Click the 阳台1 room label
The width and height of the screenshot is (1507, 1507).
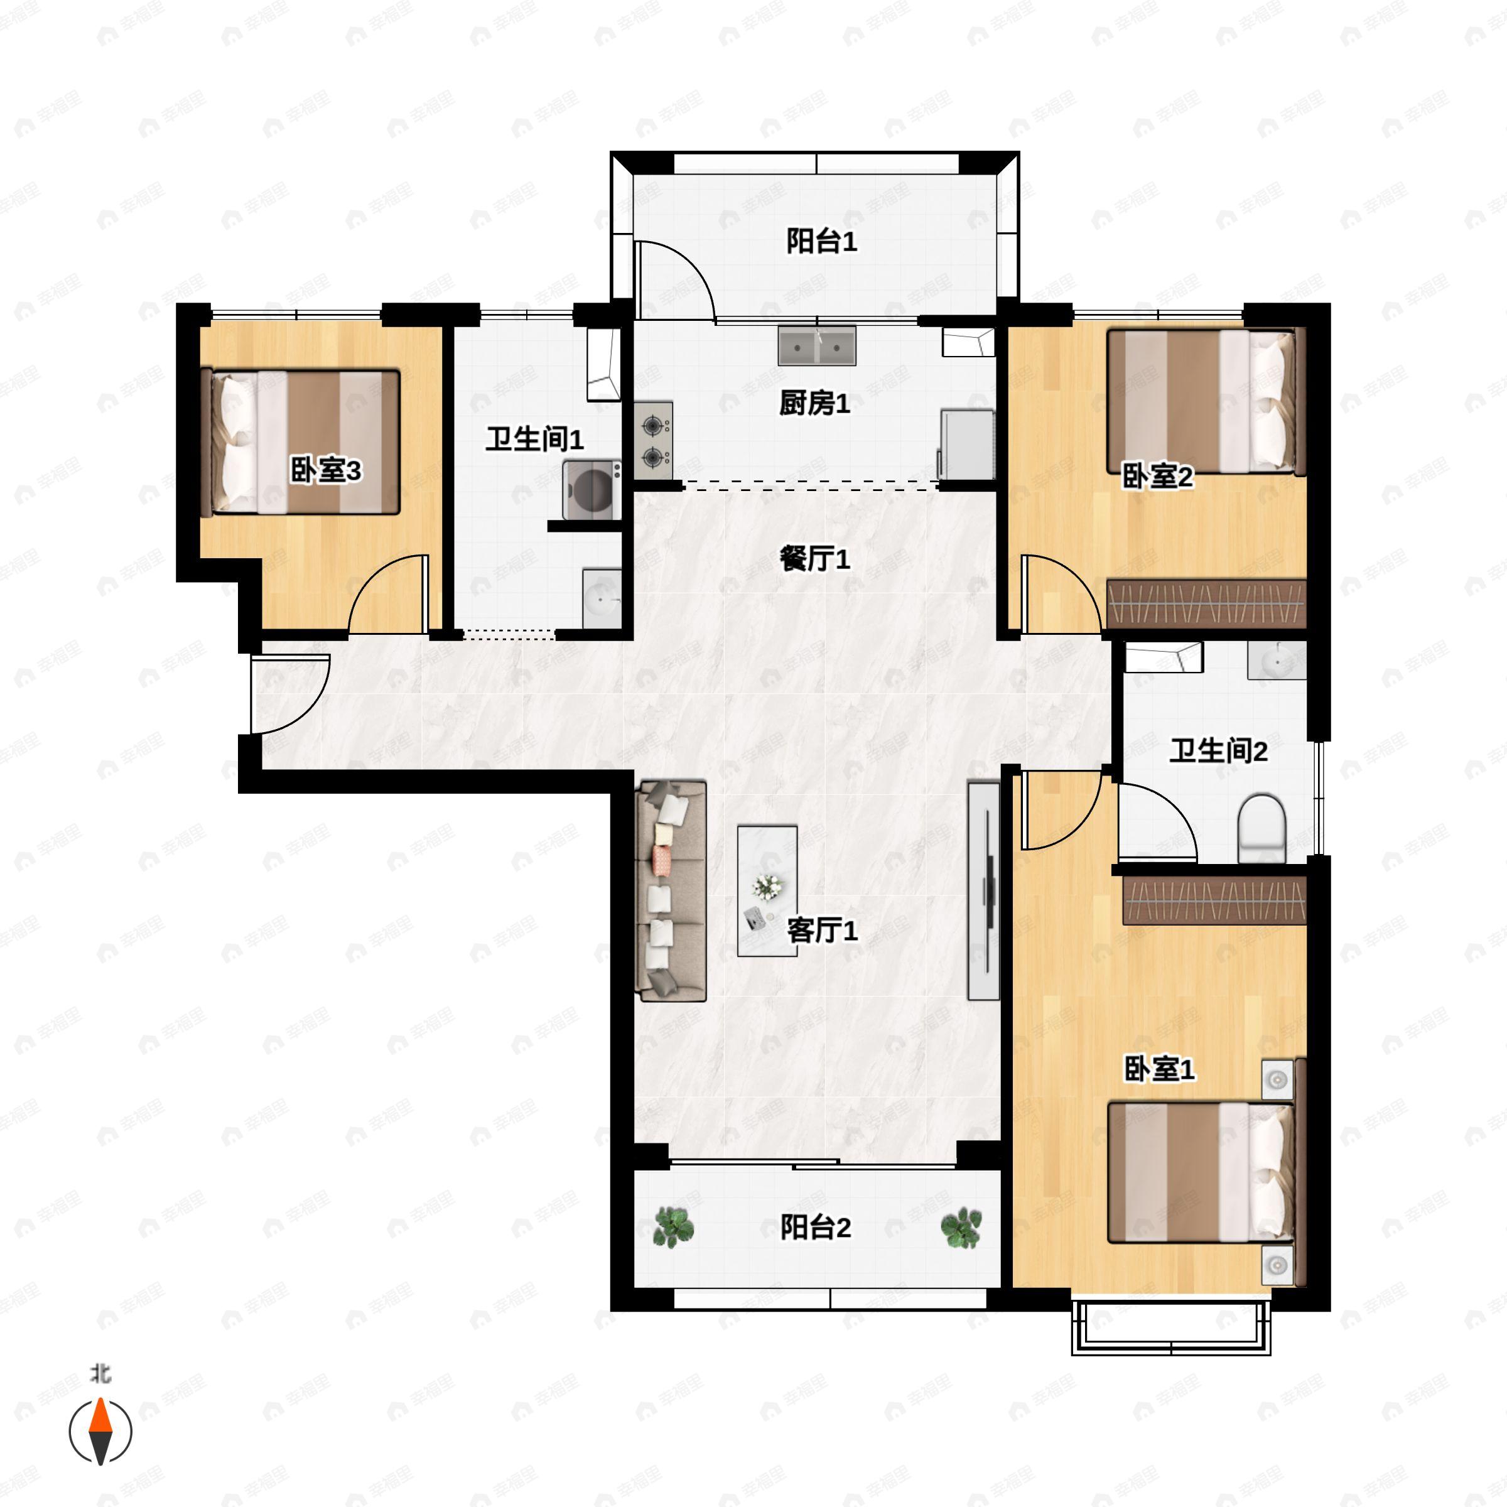[x=821, y=241]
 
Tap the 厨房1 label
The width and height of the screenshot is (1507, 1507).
[x=814, y=403]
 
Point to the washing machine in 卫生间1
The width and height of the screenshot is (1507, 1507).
[x=592, y=490]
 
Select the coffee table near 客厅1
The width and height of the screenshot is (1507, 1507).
[x=767, y=891]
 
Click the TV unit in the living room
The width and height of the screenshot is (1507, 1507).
[x=983, y=891]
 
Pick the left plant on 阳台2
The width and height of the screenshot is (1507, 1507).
[x=672, y=1226]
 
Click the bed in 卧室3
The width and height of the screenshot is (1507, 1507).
[x=300, y=442]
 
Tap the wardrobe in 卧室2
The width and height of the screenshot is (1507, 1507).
[x=1206, y=603]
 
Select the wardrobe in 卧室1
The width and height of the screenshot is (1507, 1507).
[x=1214, y=901]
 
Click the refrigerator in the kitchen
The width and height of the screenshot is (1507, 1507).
[x=967, y=444]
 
